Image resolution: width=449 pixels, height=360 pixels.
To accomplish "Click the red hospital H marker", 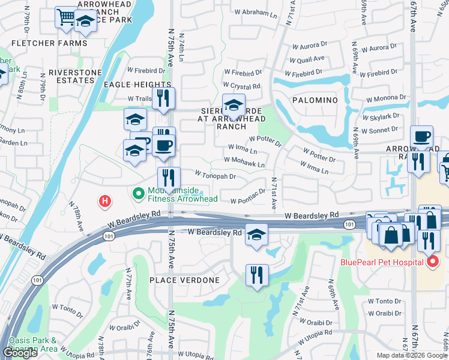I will point(105,201).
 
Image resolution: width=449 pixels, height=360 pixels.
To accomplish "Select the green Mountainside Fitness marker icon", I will point(138,193).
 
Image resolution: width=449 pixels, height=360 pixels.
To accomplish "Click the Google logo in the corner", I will point(20,353).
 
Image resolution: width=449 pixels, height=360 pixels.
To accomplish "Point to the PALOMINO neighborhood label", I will point(316,100).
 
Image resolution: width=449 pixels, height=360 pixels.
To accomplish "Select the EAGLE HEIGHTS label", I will point(137,85).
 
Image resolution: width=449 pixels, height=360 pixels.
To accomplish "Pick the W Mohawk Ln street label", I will point(244,160).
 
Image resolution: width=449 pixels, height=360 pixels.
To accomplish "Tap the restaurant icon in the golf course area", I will point(256,274).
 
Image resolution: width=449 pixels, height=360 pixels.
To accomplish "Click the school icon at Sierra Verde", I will point(233,105).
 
